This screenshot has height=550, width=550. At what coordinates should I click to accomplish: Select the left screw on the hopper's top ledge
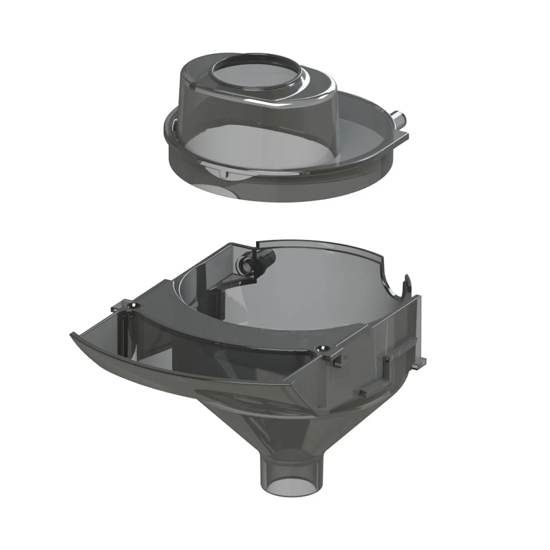(129, 306)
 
